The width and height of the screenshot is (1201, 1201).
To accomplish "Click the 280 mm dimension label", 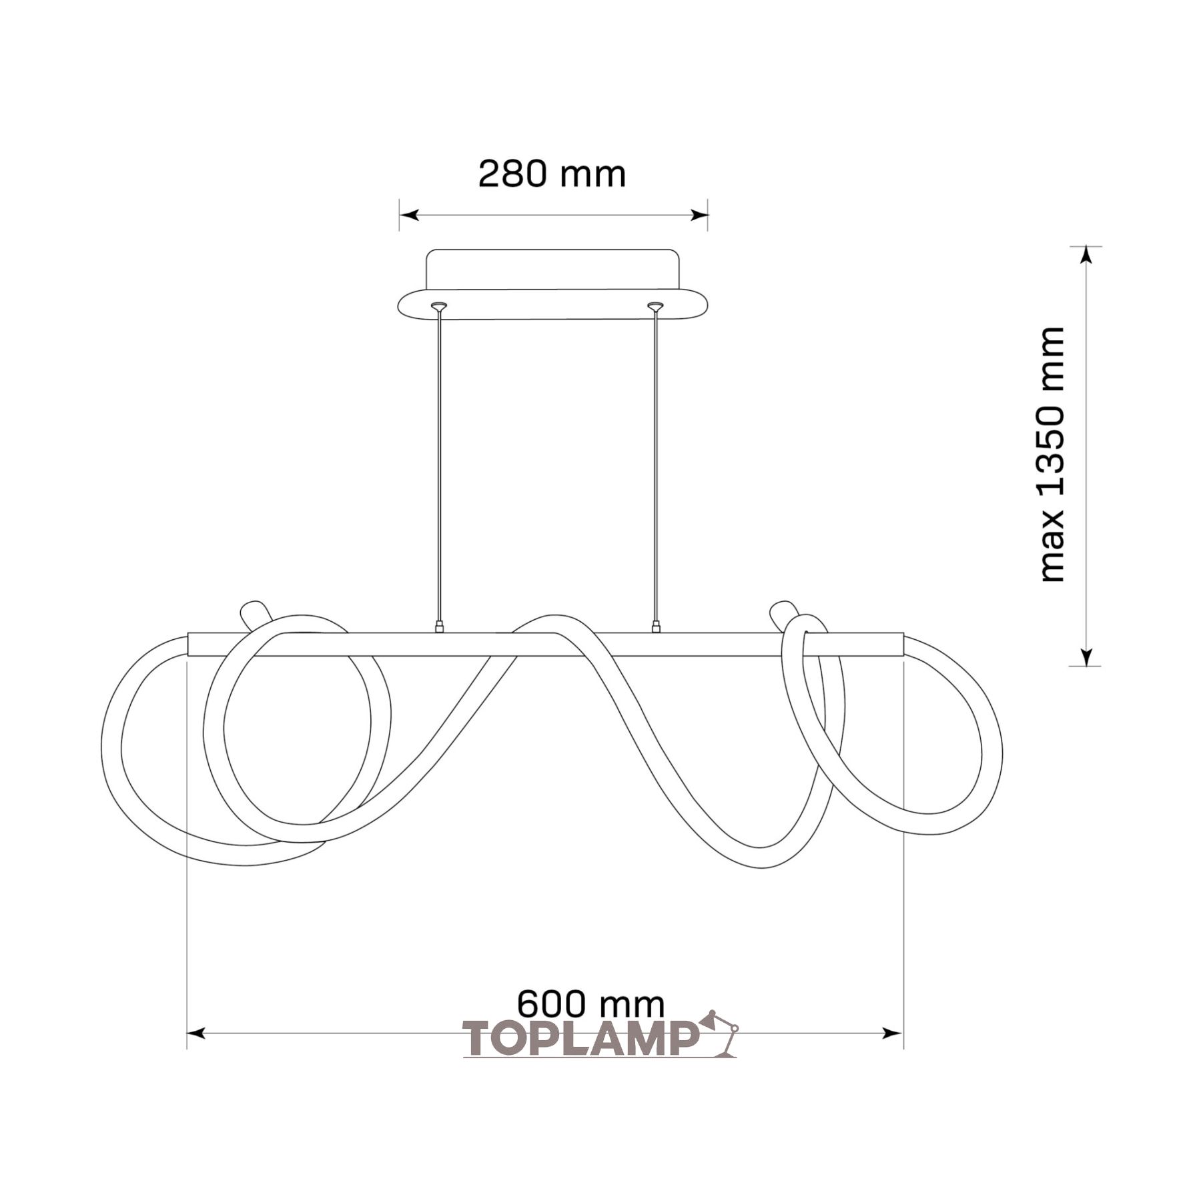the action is point(552,174).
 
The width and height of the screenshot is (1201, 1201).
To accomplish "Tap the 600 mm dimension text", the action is point(591,1004).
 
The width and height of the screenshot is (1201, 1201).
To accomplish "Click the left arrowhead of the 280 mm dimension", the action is point(408,215).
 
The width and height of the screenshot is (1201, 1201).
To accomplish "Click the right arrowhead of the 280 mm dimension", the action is point(699,215).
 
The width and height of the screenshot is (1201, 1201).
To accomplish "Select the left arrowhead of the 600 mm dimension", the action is point(196,1034).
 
